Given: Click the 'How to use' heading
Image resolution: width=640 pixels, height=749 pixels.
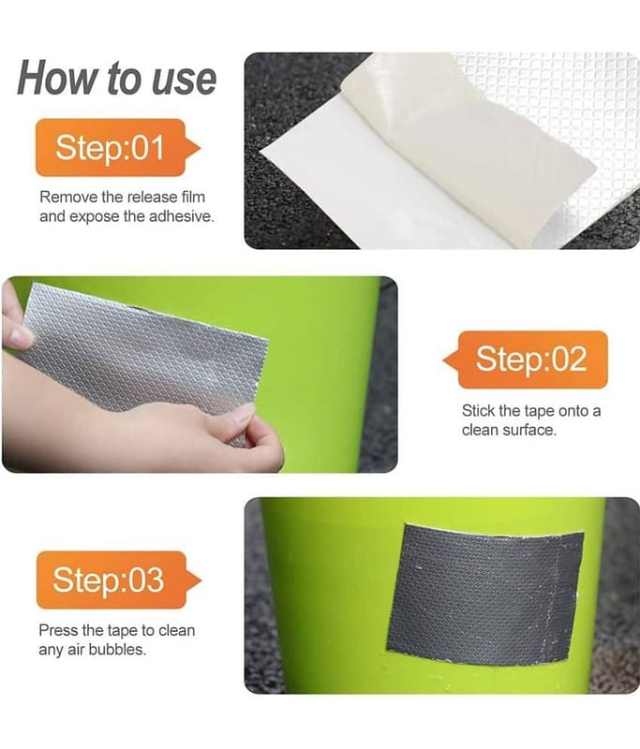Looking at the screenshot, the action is (117, 79).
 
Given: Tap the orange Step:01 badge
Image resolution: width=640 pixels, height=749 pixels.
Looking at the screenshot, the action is (117, 148).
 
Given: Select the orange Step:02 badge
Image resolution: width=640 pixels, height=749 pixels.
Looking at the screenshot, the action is (526, 360).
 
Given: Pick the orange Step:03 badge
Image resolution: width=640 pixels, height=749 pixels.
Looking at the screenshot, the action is (118, 580).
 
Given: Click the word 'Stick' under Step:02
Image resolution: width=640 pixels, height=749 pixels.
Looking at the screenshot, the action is (478, 411).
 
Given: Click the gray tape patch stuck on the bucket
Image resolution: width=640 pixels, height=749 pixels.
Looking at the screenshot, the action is (485, 595).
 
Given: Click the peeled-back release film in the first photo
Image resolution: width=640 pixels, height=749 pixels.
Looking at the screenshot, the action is (459, 143).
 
